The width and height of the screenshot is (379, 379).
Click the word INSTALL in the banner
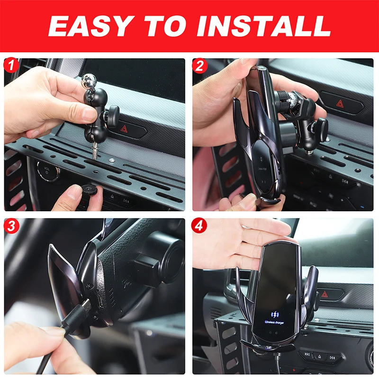264,26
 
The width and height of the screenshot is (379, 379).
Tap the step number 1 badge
11,65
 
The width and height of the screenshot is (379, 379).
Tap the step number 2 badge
199,66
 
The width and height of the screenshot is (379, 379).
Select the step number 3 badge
11,226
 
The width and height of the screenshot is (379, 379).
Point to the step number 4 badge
199,226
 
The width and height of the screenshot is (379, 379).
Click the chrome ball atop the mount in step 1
89,79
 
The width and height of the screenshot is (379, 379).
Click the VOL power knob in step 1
47,171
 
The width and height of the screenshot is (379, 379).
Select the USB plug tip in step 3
86,306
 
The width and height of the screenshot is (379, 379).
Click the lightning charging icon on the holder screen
275,315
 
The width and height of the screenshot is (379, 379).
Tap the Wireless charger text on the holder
274,322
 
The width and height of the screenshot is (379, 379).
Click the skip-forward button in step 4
332,358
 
